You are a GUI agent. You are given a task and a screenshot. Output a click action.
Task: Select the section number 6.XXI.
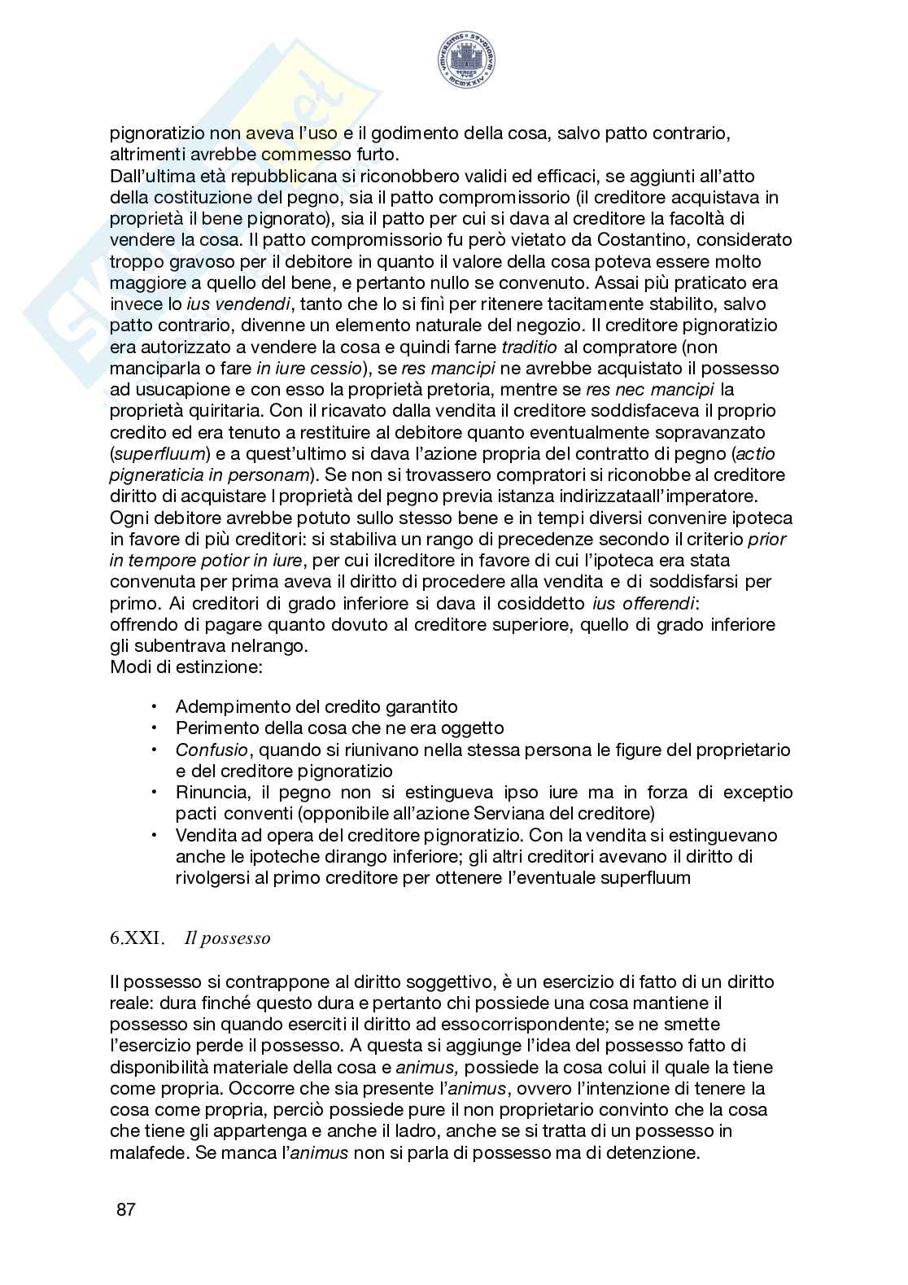click(137, 938)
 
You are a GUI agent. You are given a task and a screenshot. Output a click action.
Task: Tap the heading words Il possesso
click(227, 938)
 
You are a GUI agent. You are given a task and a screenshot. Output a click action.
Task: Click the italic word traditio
click(530, 347)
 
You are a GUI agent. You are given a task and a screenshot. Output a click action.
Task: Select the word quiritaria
click(220, 411)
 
